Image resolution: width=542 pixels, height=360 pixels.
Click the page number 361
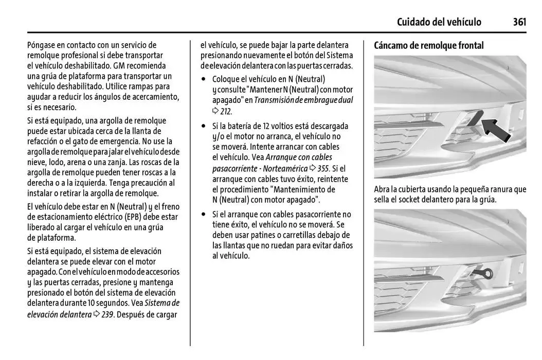[x=519, y=22]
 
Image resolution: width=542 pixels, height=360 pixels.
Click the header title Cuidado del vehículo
[x=439, y=22]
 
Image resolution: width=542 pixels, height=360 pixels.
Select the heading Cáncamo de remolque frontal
[x=429, y=46]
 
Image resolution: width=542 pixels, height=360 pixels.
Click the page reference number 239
[x=107, y=314]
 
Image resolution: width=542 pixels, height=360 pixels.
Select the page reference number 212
[x=226, y=111]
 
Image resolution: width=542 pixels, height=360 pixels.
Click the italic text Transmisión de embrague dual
[x=303, y=100]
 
